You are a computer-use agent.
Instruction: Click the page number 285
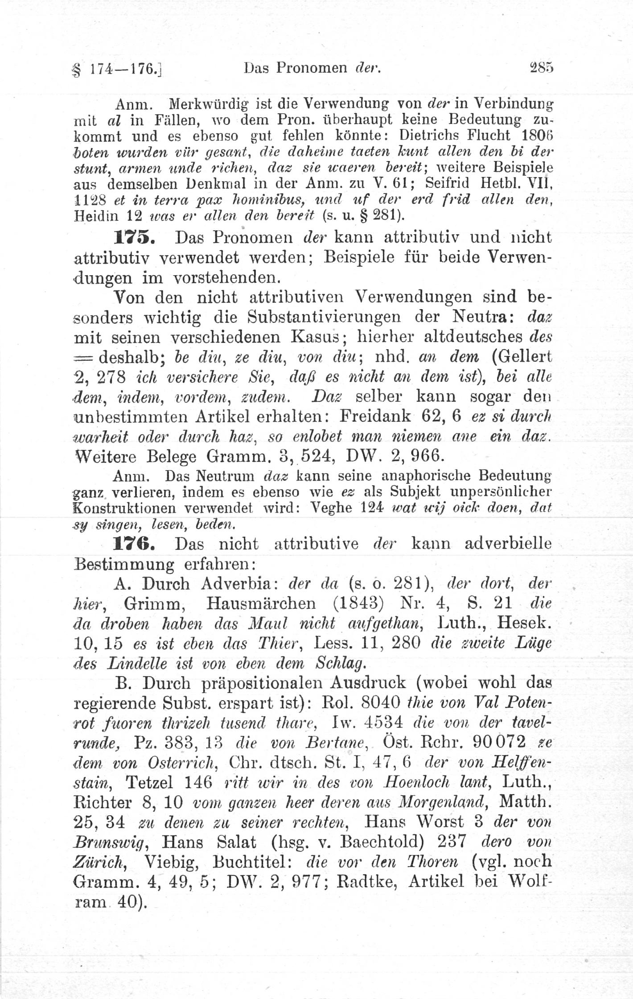point(541,68)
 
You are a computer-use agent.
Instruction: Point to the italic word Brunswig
point(113,842)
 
